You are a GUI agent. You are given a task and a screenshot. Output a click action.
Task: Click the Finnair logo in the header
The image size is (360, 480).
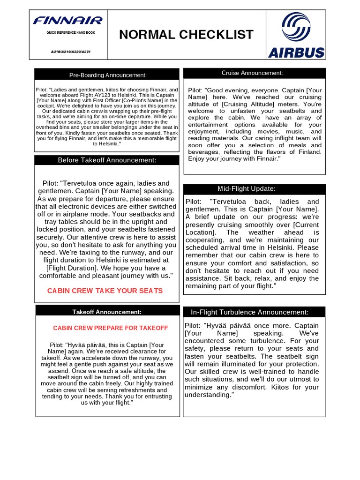pos(67,20)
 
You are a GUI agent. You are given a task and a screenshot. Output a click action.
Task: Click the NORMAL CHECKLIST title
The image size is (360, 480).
pos(186,35)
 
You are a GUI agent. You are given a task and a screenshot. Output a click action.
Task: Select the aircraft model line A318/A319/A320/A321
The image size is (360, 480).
pos(67,52)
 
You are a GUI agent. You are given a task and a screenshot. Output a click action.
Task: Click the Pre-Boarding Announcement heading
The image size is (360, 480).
pos(108,75)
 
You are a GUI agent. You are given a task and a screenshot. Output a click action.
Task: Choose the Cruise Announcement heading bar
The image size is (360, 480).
pos(252,73)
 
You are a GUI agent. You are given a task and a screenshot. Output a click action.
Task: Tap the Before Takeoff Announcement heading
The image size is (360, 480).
pos(107,160)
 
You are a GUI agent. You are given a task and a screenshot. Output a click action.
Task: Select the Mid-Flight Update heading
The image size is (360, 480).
pos(253,189)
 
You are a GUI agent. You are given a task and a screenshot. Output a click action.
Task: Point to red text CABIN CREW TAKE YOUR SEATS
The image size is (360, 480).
pos(105,291)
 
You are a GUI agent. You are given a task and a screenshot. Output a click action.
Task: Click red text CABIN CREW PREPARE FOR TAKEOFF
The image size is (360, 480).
pos(110,328)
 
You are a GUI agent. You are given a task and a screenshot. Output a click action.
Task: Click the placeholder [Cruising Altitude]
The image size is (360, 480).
pos(245,104)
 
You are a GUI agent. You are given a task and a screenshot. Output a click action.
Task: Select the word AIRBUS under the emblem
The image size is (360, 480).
pos(296,52)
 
